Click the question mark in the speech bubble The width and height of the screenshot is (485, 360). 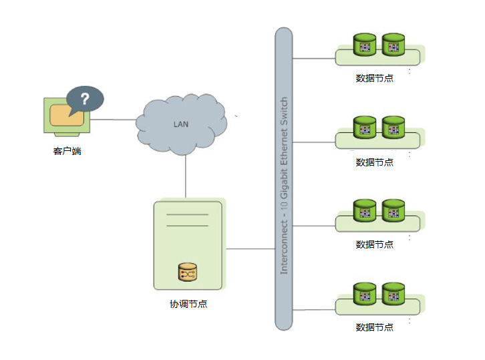click(85, 99)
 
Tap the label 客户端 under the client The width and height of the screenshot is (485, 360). click(67, 151)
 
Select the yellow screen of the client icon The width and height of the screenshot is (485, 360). click(67, 115)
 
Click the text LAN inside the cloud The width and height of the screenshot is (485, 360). click(181, 124)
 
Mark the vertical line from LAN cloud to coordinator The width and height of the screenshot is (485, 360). click(185, 178)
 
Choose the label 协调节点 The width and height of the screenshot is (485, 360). click(188, 304)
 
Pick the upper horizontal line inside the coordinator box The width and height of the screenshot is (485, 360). click(187, 215)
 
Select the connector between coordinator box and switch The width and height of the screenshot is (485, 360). click(251, 249)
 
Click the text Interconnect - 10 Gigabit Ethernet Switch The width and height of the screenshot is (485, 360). click(284, 185)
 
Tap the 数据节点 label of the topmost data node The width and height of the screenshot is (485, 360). click(374, 78)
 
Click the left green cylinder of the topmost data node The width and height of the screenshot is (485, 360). click(365, 45)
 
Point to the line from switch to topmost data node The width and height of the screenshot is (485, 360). click(314, 58)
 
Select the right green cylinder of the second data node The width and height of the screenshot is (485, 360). click(393, 127)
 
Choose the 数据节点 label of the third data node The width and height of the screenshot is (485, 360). click(374, 244)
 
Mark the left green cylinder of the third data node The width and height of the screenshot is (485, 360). click(365, 210)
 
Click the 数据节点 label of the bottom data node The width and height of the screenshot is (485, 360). click(374, 327)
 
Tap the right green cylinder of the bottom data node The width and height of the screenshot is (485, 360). click(393, 293)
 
